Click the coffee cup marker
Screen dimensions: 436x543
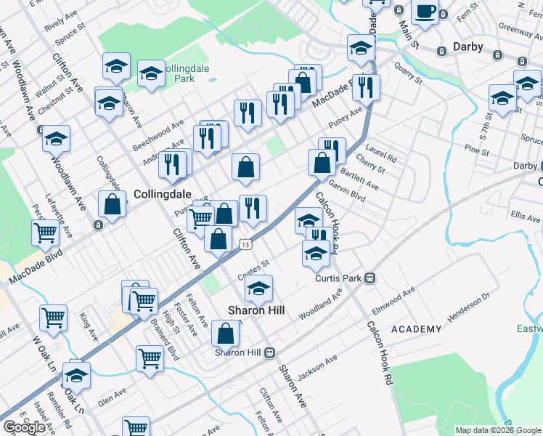coord(425,12)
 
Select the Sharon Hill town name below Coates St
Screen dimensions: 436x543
coord(256,310)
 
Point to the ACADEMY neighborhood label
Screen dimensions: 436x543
coord(416,329)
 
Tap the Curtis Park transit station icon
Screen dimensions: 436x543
coord(370,278)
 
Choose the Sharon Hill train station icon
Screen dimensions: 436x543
coord(269,352)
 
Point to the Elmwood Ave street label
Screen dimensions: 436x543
coord(394,299)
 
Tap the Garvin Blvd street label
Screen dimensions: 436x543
coord(346,192)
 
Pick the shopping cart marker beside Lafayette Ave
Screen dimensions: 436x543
coord(45,233)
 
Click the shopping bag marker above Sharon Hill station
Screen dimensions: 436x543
coord(226,334)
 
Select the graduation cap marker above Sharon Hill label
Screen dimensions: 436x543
coord(258,288)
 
